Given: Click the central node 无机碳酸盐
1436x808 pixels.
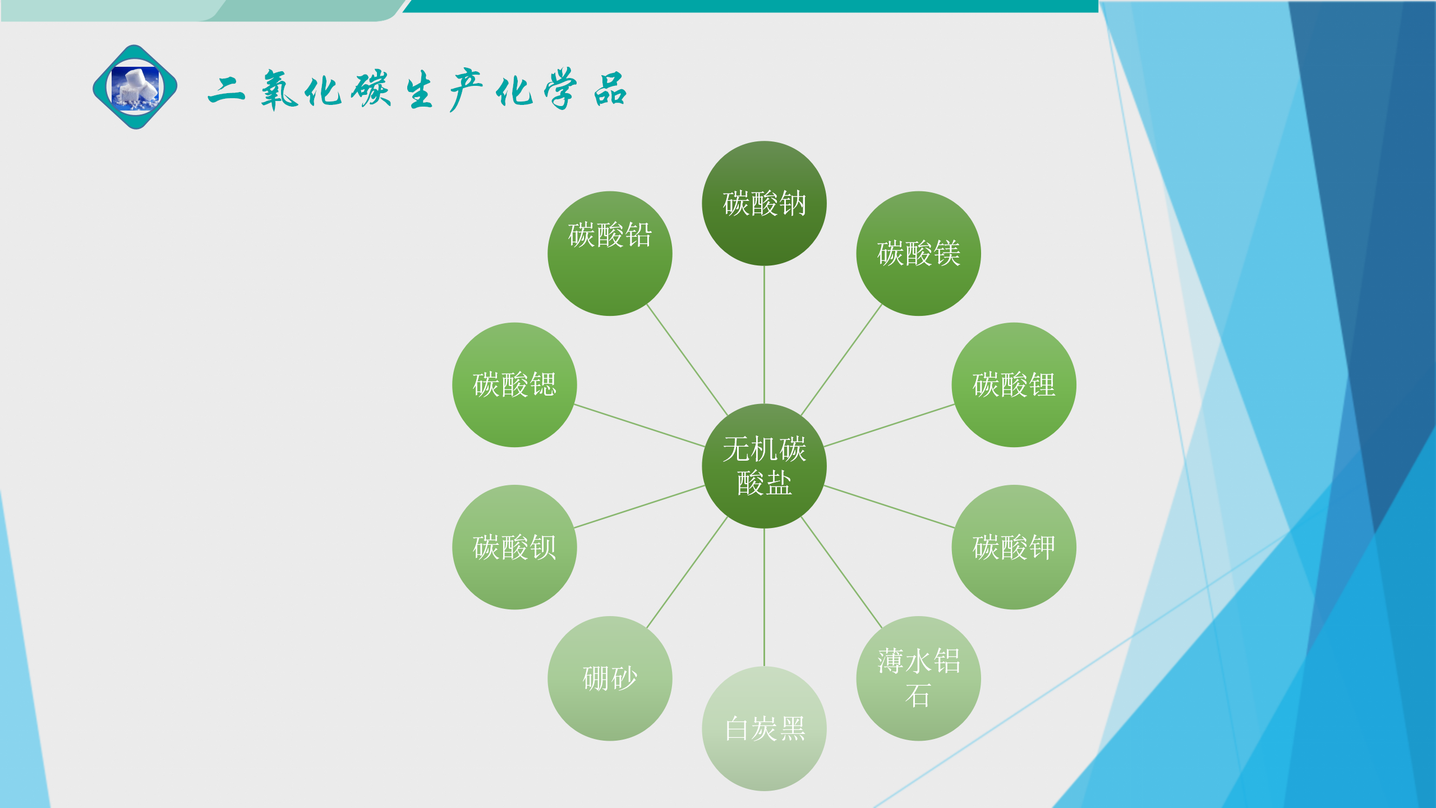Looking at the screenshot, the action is [x=764, y=466].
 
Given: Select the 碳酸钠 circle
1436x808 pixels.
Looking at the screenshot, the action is [x=764, y=203].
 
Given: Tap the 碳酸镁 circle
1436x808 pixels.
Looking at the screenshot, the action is [x=918, y=253].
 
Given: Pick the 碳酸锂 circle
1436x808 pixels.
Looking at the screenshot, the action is [x=1014, y=384].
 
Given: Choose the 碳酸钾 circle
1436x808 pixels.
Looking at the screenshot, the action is [x=1014, y=547].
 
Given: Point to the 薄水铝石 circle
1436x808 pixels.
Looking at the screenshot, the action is [x=918, y=678].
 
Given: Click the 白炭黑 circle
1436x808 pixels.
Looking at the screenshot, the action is [x=764, y=728].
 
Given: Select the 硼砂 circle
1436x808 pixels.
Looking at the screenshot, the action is [x=610, y=678].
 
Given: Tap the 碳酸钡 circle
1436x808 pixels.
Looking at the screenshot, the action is [x=514, y=547].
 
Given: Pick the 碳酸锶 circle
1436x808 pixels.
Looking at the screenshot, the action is [x=514, y=384].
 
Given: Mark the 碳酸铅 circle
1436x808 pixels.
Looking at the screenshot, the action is [x=610, y=253].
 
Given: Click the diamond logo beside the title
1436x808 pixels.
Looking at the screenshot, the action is [x=135, y=87].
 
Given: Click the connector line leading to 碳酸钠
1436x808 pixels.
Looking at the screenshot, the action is [x=764, y=334].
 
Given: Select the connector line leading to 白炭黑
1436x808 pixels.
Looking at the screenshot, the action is [x=764, y=597].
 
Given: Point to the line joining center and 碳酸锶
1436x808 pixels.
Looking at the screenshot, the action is [x=639, y=425].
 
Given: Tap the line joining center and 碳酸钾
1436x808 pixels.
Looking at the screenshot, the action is [x=889, y=507].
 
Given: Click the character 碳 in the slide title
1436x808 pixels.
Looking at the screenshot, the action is [x=371, y=89].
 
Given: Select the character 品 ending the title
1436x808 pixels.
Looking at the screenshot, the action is [x=610, y=89].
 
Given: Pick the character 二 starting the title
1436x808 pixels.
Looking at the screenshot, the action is [x=226, y=90].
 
